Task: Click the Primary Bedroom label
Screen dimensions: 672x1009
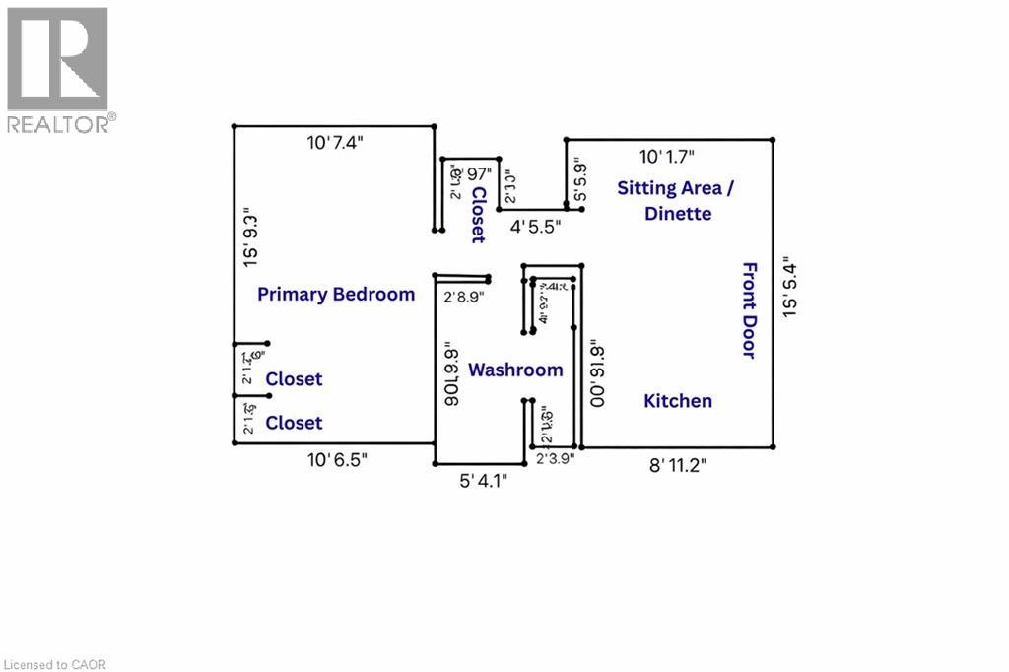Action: (x=336, y=295)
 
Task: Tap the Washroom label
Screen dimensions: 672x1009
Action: (x=515, y=370)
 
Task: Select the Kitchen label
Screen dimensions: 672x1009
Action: (x=678, y=401)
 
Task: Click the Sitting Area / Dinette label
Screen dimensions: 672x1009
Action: (x=677, y=200)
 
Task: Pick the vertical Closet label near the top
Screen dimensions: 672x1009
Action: (x=478, y=214)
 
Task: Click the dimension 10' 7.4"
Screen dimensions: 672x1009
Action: (x=335, y=143)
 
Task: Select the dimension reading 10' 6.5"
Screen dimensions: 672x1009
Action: (x=338, y=460)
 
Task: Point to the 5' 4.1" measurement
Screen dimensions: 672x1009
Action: (x=484, y=481)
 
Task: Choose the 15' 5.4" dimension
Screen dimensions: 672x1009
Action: (x=788, y=286)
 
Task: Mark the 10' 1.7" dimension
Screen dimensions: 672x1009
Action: (x=667, y=156)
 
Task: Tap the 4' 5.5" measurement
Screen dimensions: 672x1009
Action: (x=535, y=226)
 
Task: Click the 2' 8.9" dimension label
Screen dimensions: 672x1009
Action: (x=463, y=297)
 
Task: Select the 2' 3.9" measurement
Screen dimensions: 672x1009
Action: (x=555, y=458)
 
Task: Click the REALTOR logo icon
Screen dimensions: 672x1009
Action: (x=57, y=58)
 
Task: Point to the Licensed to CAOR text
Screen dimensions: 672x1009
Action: (x=53, y=664)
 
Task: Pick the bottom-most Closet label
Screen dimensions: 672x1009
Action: (x=294, y=423)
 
